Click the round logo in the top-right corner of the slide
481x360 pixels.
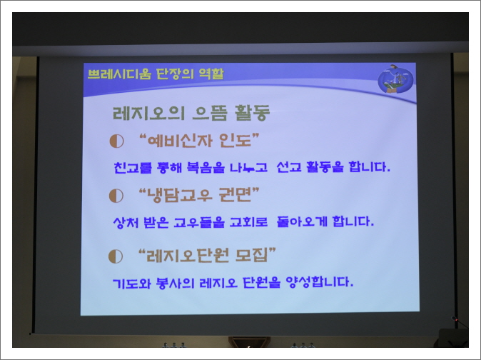395,78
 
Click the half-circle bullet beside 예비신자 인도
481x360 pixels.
116,141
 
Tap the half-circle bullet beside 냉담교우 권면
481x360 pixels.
116,195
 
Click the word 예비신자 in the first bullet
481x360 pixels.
182,140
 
